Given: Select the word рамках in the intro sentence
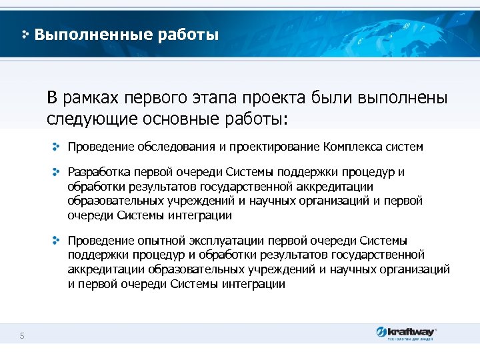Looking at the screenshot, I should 91,99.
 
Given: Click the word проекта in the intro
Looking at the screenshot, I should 273,99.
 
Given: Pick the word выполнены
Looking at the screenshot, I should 403,99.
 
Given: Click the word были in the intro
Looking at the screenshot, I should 333,99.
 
